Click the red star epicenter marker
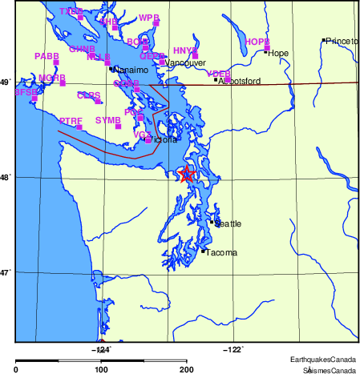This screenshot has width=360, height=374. (187, 175)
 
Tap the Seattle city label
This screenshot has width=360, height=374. (228, 224)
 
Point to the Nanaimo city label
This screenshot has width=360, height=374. (128, 70)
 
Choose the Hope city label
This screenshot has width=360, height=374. (278, 54)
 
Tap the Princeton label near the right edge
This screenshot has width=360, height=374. (342, 41)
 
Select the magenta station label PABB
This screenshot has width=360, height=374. (47, 56)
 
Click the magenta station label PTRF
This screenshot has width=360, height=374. (71, 120)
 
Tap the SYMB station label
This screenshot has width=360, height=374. (107, 119)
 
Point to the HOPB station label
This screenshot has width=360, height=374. (257, 41)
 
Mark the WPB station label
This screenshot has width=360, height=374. (149, 18)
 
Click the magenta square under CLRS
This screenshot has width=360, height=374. (98, 102)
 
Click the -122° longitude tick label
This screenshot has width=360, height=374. (233, 348)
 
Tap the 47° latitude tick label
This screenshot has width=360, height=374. (6, 272)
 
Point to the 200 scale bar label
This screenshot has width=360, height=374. (187, 370)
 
